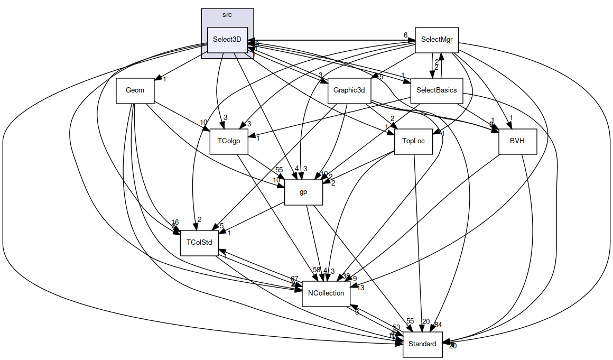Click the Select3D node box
point(227,40)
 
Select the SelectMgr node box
point(436,40)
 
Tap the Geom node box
point(135,90)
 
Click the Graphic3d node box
point(349,90)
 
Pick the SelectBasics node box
point(436,90)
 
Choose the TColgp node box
point(229,141)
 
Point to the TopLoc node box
point(413,141)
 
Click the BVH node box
point(517,141)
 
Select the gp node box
point(303,192)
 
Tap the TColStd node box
point(199,243)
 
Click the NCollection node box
point(326,293)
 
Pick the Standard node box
point(422,344)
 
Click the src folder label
point(227,15)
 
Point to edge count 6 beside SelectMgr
point(405,35)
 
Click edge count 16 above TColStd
point(175,222)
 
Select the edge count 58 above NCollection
point(317,270)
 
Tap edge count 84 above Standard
point(438,324)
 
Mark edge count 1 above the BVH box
point(511,117)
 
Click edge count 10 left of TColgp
point(203,123)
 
